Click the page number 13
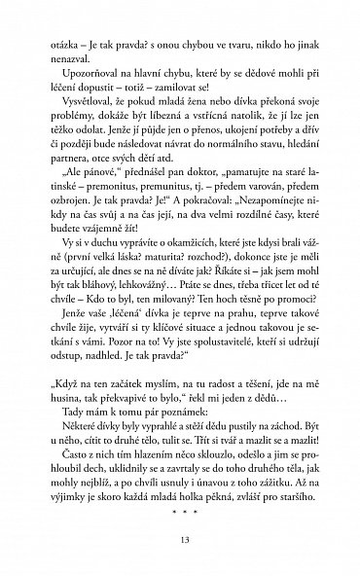point(179,540)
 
